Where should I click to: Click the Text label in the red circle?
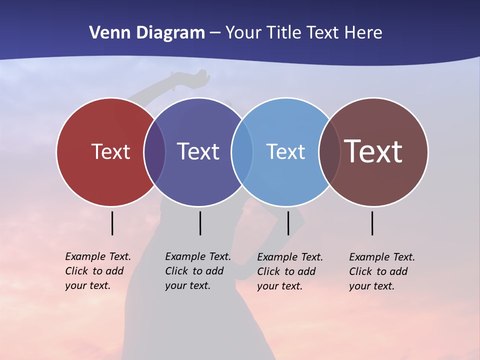pos(110,151)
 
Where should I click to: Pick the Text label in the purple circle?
pos(198,151)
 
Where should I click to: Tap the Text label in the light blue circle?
pos(285,151)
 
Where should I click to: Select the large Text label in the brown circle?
pos(373,151)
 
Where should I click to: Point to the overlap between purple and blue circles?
pos(242,152)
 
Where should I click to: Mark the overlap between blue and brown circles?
pos(329,152)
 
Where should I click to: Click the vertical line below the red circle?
pos(112,223)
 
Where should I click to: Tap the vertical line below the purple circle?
pos(200,223)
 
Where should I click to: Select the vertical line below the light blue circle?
pos(288,223)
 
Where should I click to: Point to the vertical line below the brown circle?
pos(372,223)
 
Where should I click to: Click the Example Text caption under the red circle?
pos(97,271)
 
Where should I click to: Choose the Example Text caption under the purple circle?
pos(197,271)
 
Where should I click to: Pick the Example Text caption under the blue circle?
pos(289,271)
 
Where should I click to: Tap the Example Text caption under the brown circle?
pos(381,271)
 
